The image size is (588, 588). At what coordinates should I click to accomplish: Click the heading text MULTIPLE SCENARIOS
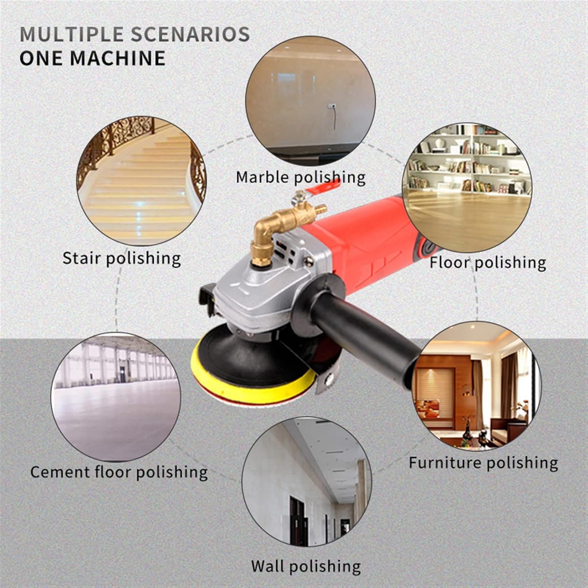coord(134,34)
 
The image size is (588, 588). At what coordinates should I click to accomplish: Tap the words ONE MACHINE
coord(93,58)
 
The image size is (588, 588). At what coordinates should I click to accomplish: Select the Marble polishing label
coord(300,177)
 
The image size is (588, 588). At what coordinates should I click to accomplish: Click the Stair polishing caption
coord(122,258)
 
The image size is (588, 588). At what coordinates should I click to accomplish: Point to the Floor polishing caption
coord(487,262)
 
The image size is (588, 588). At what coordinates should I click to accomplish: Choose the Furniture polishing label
coord(483,463)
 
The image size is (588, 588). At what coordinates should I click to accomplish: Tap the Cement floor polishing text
coord(119,472)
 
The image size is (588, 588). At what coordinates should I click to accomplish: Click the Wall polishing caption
coord(306,566)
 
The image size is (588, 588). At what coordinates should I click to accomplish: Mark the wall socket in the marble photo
coord(332,106)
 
